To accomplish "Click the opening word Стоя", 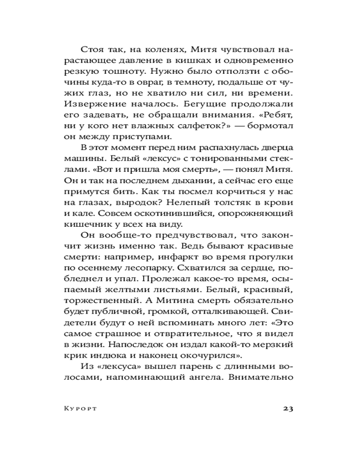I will click(x=92, y=49).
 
